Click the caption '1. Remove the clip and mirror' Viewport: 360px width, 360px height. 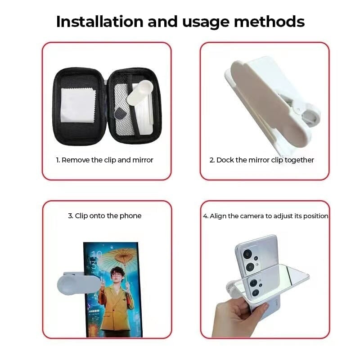105,160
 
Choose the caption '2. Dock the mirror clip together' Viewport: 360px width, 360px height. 262,160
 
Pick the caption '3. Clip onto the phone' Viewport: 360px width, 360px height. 105,216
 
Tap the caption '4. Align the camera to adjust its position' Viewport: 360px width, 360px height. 265,216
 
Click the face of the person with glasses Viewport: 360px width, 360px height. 117,275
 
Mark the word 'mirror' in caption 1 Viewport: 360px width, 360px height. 143,160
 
